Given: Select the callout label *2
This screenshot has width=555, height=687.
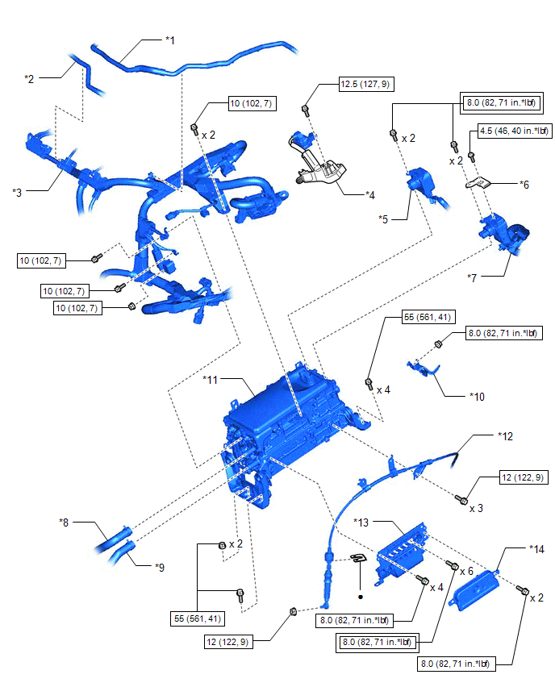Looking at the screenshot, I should pyautogui.click(x=30, y=77).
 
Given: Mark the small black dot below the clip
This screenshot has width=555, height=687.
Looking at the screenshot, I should pyautogui.click(x=361, y=597).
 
